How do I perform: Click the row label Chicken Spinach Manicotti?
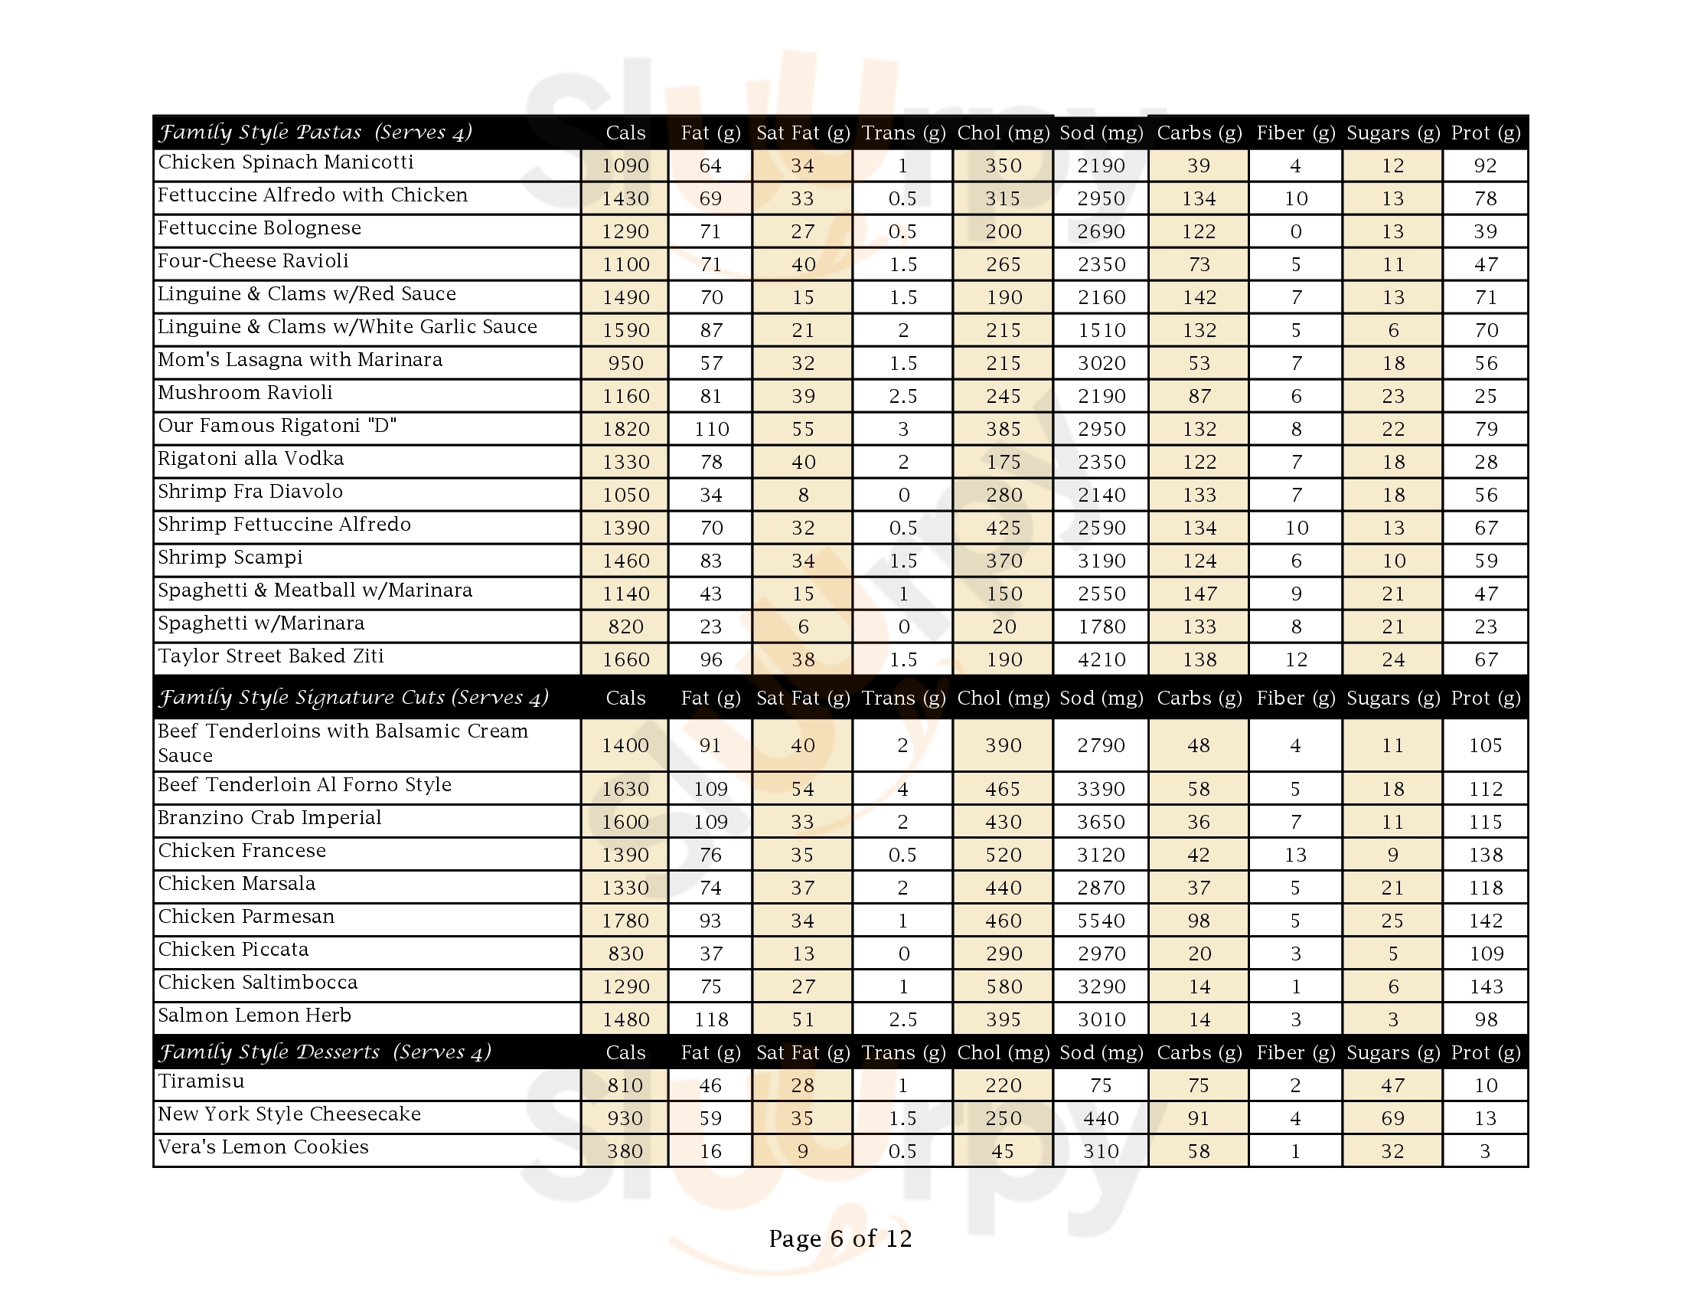pyautogui.click(x=286, y=162)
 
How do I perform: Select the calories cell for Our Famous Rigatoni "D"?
pyautogui.click(x=625, y=429)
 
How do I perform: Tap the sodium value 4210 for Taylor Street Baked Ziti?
pyautogui.click(x=1101, y=659)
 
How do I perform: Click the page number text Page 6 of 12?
pyautogui.click(x=840, y=1238)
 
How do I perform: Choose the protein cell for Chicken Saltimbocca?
pyautogui.click(x=1485, y=986)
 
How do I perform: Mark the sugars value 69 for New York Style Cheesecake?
pyautogui.click(x=1392, y=1118)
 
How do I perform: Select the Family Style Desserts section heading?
pyautogui.click(x=324, y=1052)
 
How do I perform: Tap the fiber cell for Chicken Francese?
pyautogui.click(x=1295, y=855)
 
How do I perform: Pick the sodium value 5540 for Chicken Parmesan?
pyautogui.click(x=1101, y=920)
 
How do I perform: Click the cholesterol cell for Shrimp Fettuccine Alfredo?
pyautogui.click(x=1004, y=528)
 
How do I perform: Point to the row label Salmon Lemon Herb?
pyautogui.click(x=254, y=1016)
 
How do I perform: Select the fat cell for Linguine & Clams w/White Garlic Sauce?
pyautogui.click(x=710, y=330)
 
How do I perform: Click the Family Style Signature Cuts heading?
pyautogui.click(x=353, y=698)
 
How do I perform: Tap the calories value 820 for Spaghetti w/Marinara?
pyautogui.click(x=625, y=626)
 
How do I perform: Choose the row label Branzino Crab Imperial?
pyautogui.click(x=269, y=819)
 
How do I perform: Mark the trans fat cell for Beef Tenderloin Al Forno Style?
pyautogui.click(x=902, y=789)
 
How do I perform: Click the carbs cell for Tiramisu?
pyautogui.click(x=1198, y=1085)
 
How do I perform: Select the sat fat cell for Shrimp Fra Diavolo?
pyautogui.click(x=802, y=496)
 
